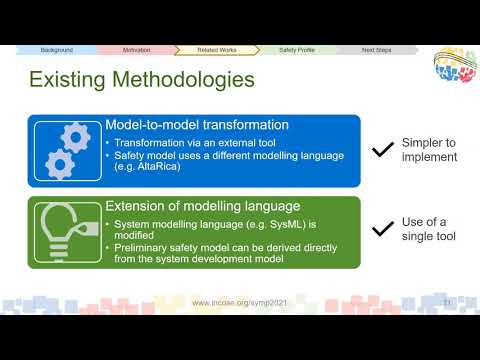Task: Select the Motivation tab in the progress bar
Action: (136, 49)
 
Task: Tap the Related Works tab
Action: (215, 49)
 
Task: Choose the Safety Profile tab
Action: (296, 49)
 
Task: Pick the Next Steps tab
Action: (376, 49)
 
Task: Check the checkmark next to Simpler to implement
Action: (382, 150)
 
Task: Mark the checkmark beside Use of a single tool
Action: (382, 230)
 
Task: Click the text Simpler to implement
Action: (430, 150)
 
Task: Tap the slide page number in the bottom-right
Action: (448, 301)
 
